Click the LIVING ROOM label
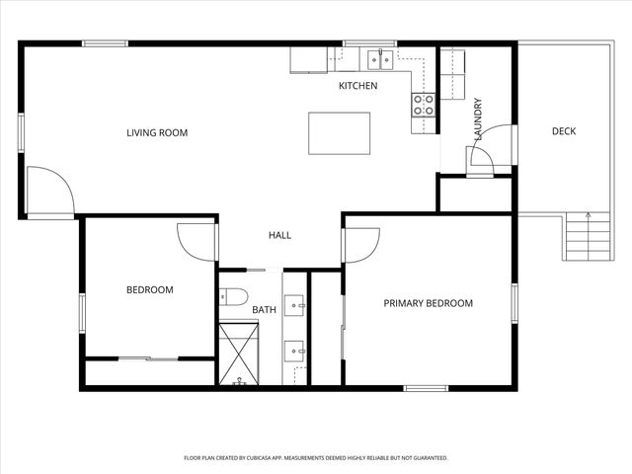[x=156, y=132]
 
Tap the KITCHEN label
[x=357, y=86]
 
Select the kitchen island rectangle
[x=339, y=132]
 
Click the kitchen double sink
[x=378, y=60]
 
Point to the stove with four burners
[x=424, y=105]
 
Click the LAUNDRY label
[x=478, y=120]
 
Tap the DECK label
[x=563, y=131]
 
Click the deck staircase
[x=582, y=238]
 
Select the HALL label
[x=279, y=235]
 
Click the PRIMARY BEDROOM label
[x=428, y=303]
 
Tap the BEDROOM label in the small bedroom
[x=149, y=289]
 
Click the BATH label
[x=264, y=310]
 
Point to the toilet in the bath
[x=232, y=295]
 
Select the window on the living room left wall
[x=21, y=132]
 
